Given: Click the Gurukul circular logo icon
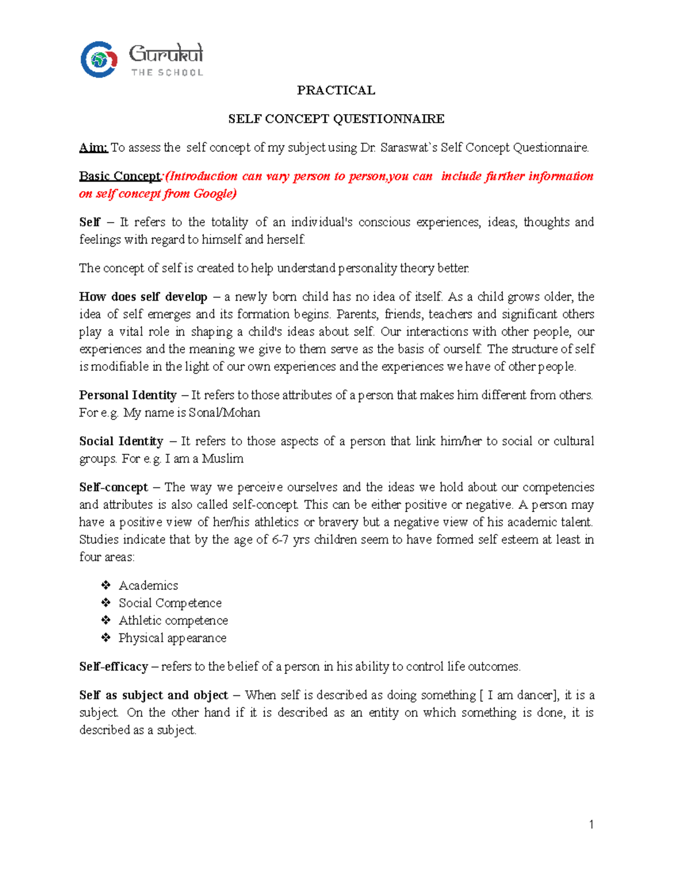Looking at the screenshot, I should [99, 59].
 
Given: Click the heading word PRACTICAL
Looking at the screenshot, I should [336, 91].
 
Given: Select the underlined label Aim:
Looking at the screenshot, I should [93, 148].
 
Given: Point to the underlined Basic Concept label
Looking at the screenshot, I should [120, 177].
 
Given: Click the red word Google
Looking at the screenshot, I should [213, 194].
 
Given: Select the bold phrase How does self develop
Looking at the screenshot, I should [143, 297].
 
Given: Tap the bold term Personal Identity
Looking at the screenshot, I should [127, 395].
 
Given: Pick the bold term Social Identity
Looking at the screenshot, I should [121, 441].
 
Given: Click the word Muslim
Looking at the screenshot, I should [222, 459].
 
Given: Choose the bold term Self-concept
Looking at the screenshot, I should [113, 487].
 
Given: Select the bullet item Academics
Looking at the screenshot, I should [148, 586].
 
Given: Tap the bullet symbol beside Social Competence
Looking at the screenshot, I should [106, 603].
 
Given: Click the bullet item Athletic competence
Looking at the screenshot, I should [173, 621].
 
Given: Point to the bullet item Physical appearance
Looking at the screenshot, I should [172, 638].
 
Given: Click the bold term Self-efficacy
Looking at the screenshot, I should [113, 667].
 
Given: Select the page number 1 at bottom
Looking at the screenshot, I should [591, 825].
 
